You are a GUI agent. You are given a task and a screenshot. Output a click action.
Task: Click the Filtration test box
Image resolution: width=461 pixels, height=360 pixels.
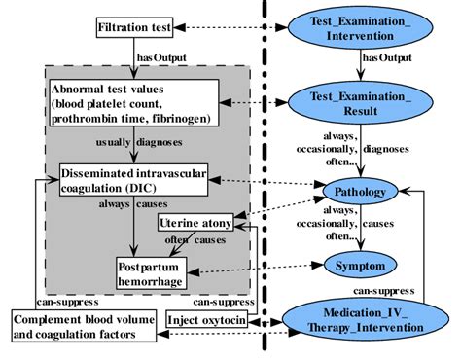coord(135,28)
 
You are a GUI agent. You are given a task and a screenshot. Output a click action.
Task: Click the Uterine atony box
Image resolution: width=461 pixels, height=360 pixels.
coord(195,225)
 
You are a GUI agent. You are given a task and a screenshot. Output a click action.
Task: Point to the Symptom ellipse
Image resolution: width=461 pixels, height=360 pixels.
coord(359,265)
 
